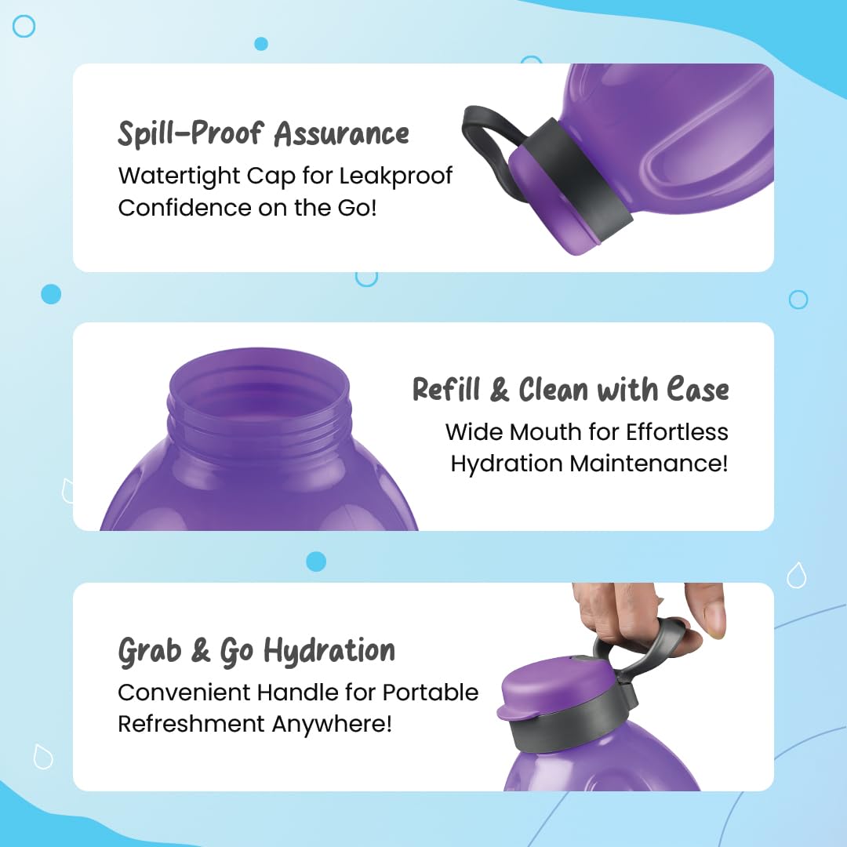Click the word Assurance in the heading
(x=341, y=133)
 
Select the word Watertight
(x=180, y=176)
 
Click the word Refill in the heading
(x=446, y=389)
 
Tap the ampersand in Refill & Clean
(x=499, y=390)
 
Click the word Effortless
(x=677, y=432)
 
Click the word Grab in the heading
(x=150, y=651)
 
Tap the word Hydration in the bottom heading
(x=329, y=651)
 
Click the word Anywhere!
(x=331, y=725)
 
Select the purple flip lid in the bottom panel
(x=556, y=687)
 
